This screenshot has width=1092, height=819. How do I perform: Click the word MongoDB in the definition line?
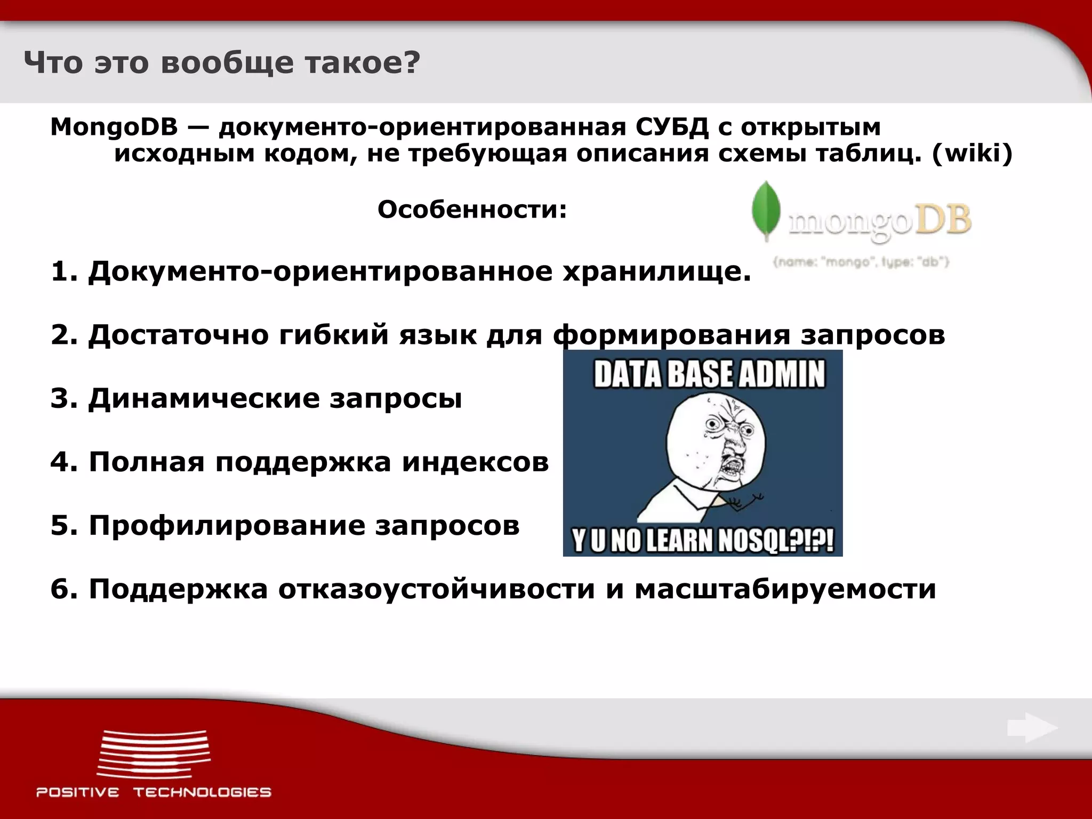[x=114, y=127]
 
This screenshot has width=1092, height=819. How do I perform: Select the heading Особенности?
[x=472, y=210]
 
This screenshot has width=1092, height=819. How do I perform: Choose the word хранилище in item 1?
[x=657, y=272]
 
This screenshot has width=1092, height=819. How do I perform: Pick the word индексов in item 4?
[x=475, y=462]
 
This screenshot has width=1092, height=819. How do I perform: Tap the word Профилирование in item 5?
[x=226, y=525]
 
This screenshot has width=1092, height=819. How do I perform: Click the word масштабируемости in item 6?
[x=785, y=589]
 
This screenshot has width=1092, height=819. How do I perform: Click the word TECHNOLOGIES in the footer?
[x=202, y=792]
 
